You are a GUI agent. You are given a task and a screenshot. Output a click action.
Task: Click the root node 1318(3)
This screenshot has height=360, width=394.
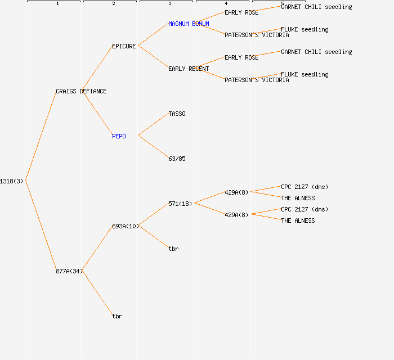click(x=11, y=181)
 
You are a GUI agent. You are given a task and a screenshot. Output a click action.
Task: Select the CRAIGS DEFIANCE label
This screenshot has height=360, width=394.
click(x=81, y=91)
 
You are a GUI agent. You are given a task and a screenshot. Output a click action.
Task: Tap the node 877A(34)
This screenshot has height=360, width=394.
click(x=69, y=271)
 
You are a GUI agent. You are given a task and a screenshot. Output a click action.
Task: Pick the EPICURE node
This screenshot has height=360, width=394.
click(x=124, y=46)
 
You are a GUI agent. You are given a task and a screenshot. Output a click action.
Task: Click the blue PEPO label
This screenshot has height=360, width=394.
click(x=119, y=136)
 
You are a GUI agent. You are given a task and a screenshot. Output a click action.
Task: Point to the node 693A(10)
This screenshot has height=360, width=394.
click(x=126, y=226)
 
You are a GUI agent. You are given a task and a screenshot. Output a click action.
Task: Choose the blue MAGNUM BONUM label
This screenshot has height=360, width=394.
click(x=189, y=24)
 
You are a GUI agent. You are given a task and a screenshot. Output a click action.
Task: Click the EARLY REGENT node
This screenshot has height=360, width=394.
click(x=189, y=69)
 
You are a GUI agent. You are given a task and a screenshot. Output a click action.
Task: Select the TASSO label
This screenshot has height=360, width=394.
click(x=177, y=114)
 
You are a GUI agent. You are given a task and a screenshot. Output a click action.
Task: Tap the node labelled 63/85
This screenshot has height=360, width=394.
click(x=177, y=159)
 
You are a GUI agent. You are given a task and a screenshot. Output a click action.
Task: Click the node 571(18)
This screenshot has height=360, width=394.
click(x=180, y=204)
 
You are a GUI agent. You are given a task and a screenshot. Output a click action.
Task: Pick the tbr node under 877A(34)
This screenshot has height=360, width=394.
click(x=117, y=316)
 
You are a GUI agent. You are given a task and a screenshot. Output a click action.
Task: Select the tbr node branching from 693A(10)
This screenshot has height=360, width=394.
click(x=173, y=249)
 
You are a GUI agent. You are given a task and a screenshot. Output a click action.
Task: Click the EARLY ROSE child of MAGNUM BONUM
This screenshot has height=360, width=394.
click(x=241, y=12)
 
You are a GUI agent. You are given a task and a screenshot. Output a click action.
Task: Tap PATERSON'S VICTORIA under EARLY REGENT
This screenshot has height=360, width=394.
click(x=257, y=80)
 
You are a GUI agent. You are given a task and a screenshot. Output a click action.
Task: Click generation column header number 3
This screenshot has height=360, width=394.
click(x=170, y=3)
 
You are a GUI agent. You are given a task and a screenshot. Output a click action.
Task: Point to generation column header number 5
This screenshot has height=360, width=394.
click(x=283, y=3)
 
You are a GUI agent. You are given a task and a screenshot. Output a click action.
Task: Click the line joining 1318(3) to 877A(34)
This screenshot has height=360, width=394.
click(x=41, y=226)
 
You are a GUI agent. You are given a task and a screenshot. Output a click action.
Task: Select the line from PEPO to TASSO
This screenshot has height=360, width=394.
click(x=153, y=125)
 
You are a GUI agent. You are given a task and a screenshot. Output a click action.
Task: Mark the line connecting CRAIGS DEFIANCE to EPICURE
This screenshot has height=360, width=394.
click(x=97, y=69)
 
